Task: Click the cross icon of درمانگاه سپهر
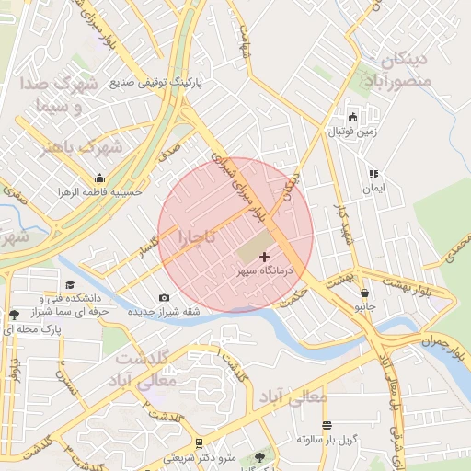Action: [266, 257]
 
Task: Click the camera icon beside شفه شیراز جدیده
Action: [164, 297]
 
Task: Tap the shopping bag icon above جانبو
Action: [366, 293]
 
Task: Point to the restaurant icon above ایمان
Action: [373, 174]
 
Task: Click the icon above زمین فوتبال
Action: [352, 117]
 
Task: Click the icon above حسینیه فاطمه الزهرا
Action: [99, 178]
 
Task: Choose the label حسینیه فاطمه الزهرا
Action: [99, 192]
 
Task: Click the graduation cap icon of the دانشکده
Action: [70, 285]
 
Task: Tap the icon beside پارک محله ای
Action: [11, 315]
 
